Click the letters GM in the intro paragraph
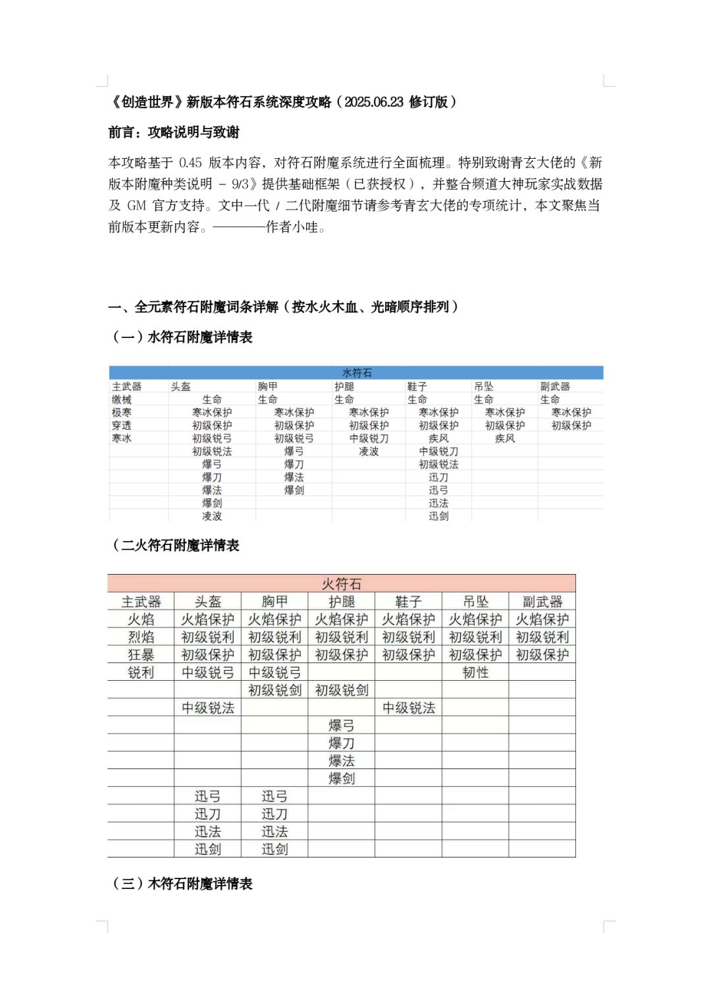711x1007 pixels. pyautogui.click(x=136, y=206)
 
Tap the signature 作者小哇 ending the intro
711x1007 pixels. pyautogui.click(x=292, y=227)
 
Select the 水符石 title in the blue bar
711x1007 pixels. pyautogui.click(x=356, y=373)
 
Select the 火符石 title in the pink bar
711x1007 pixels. pyautogui.click(x=341, y=584)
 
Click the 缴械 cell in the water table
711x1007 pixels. pyautogui.click(x=122, y=399)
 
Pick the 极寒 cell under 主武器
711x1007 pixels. pyautogui.click(x=122, y=413)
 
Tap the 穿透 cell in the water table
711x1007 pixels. pyautogui.click(x=122, y=426)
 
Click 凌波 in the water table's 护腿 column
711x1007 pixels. pyautogui.click(x=369, y=451)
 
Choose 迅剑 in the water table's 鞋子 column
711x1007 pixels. pyautogui.click(x=438, y=516)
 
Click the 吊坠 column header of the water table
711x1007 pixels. pyautogui.click(x=483, y=387)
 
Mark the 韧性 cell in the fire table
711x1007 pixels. pyautogui.click(x=475, y=672)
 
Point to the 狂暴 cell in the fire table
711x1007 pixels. pyautogui.click(x=141, y=654)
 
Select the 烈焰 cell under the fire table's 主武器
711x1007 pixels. pyautogui.click(x=141, y=637)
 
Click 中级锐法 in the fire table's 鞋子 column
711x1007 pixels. pyautogui.click(x=408, y=708)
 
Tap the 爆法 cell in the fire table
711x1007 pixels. pyautogui.click(x=341, y=761)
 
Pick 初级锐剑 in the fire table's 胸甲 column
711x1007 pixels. pyautogui.click(x=275, y=690)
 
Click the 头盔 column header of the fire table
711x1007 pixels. pyautogui.click(x=208, y=602)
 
